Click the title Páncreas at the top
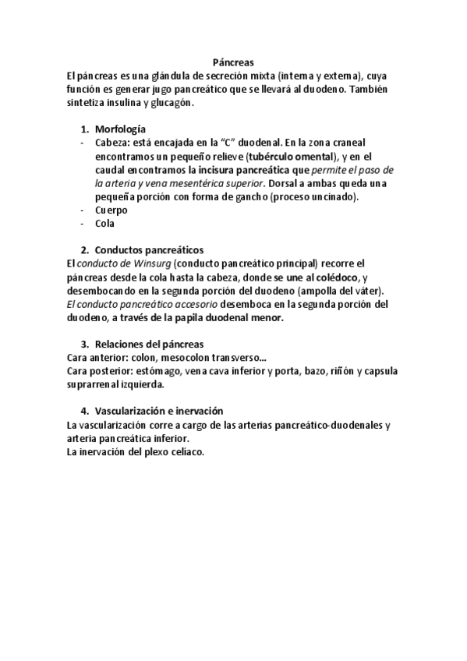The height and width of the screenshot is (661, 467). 233,63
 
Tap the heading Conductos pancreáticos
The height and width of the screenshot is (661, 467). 149,250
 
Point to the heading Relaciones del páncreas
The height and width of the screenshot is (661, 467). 149,344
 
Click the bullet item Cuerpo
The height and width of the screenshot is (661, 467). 111,210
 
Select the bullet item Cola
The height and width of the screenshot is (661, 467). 104,223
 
